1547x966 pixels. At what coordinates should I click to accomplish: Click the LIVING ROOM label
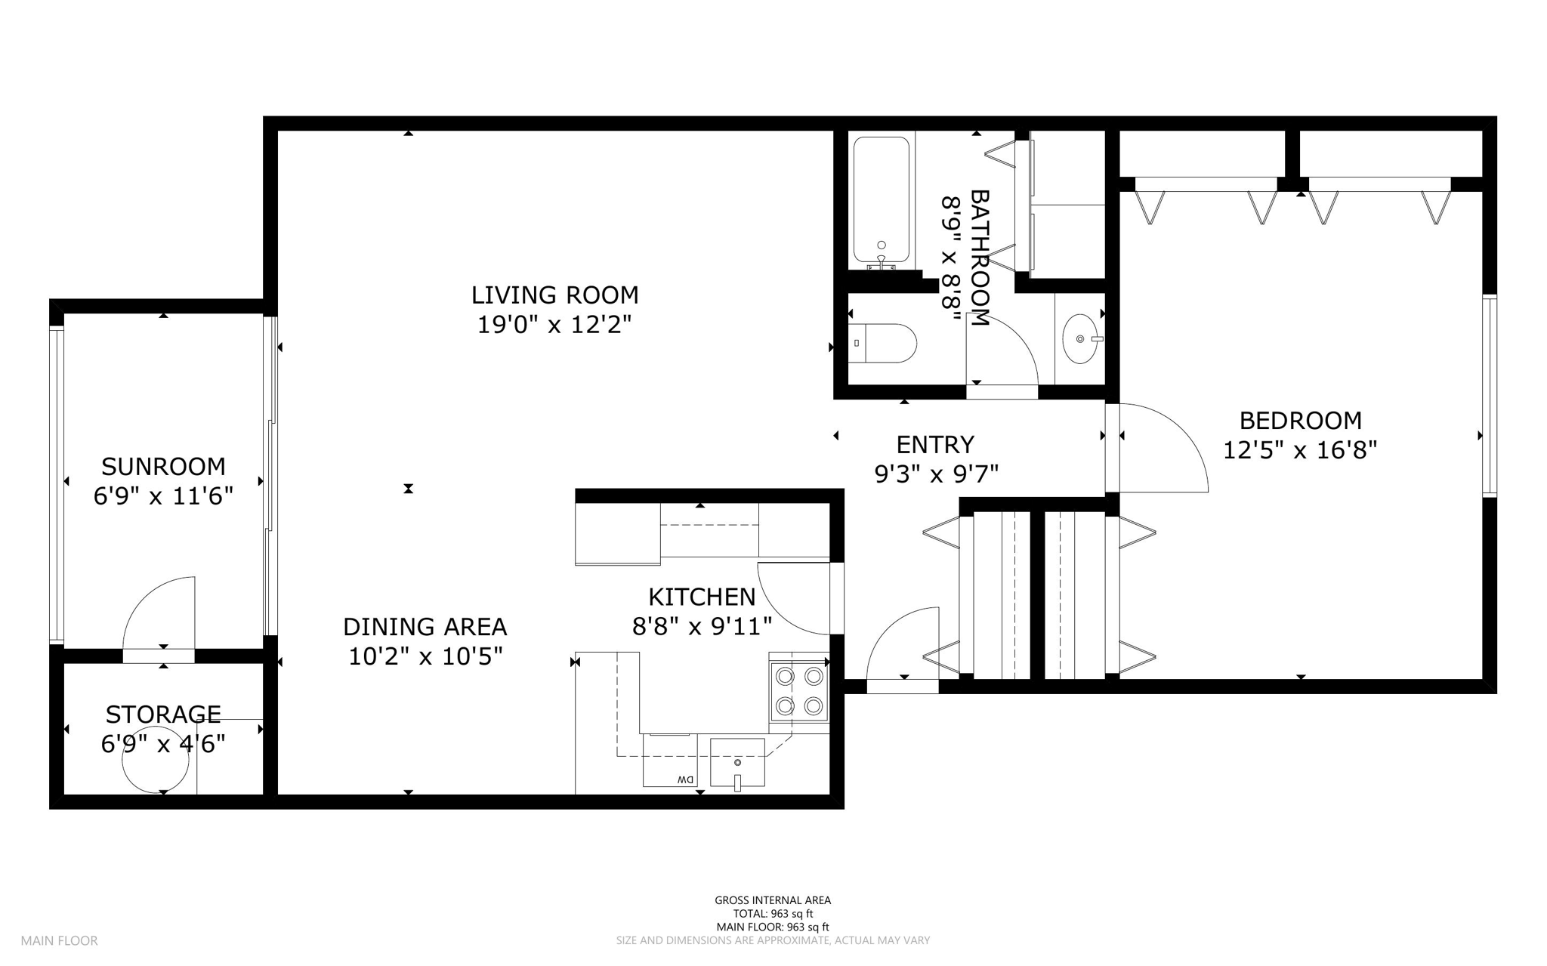tap(554, 295)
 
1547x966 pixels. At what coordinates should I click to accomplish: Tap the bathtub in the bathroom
tap(882, 202)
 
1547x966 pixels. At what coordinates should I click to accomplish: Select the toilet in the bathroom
tap(882, 344)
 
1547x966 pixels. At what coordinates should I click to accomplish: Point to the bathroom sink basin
tap(1081, 339)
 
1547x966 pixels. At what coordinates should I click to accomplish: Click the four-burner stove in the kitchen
tap(799, 690)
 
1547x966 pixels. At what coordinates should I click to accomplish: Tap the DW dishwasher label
tap(685, 779)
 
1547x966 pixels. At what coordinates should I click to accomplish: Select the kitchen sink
tap(737, 763)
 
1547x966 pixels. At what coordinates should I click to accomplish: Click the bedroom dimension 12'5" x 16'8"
tap(1300, 451)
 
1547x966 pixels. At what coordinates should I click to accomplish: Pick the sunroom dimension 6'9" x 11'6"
tap(163, 496)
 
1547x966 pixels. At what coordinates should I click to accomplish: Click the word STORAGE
tap(163, 714)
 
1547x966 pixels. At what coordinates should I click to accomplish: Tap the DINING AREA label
tap(425, 627)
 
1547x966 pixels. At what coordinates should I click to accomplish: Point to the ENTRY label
tap(935, 444)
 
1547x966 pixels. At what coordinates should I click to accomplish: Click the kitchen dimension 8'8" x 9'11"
tap(702, 626)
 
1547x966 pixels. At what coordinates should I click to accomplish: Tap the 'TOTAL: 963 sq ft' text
tap(773, 914)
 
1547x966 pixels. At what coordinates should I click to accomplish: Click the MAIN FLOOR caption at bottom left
tap(59, 941)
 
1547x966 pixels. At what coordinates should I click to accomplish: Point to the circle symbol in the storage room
tap(156, 760)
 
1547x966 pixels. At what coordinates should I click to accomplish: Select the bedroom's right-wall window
tap(1489, 395)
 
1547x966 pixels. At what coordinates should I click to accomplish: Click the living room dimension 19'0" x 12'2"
tap(554, 325)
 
